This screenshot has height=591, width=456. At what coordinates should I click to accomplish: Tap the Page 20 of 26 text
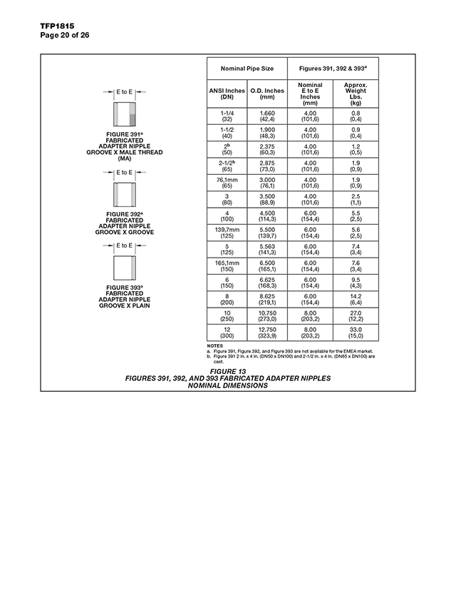[60, 35]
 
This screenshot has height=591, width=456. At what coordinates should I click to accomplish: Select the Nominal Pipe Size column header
[247, 69]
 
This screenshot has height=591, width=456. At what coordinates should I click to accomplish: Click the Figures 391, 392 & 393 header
[333, 69]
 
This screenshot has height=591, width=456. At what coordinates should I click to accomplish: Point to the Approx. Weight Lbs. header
[356, 94]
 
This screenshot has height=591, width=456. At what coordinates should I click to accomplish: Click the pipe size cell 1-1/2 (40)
[227, 133]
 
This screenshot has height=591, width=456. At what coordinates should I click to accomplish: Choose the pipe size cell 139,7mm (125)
[227, 231]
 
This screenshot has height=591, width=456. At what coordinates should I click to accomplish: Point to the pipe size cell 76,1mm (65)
[227, 182]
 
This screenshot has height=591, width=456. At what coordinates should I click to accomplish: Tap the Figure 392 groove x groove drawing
[125, 194]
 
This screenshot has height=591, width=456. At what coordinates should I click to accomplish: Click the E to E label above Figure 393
[125, 246]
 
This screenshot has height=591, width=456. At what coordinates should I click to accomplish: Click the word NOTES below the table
[214, 346]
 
